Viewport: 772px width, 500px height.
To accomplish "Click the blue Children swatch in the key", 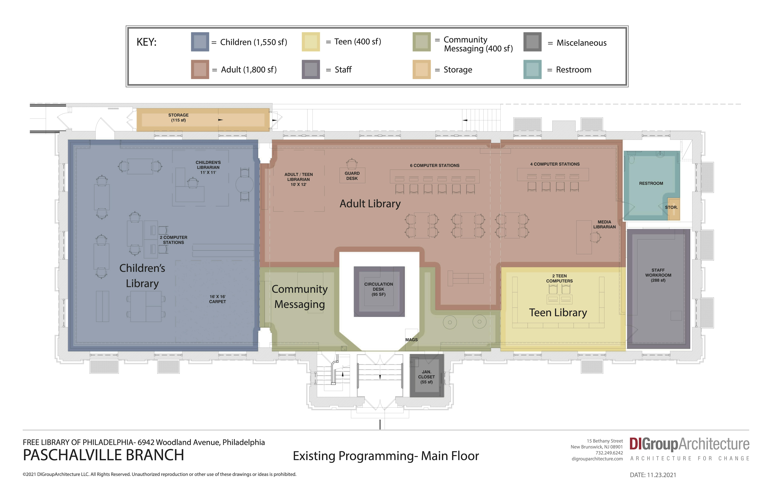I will point(200,42).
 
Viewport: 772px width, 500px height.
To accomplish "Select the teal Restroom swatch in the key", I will point(532,70).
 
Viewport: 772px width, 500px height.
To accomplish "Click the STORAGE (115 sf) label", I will point(178,118).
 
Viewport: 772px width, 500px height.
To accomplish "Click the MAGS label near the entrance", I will point(411,340).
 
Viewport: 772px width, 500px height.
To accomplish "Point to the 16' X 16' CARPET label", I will point(217,299).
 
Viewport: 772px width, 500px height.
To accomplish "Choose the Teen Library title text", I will point(558,312).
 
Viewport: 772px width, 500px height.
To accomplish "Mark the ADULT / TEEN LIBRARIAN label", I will point(298,179).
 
